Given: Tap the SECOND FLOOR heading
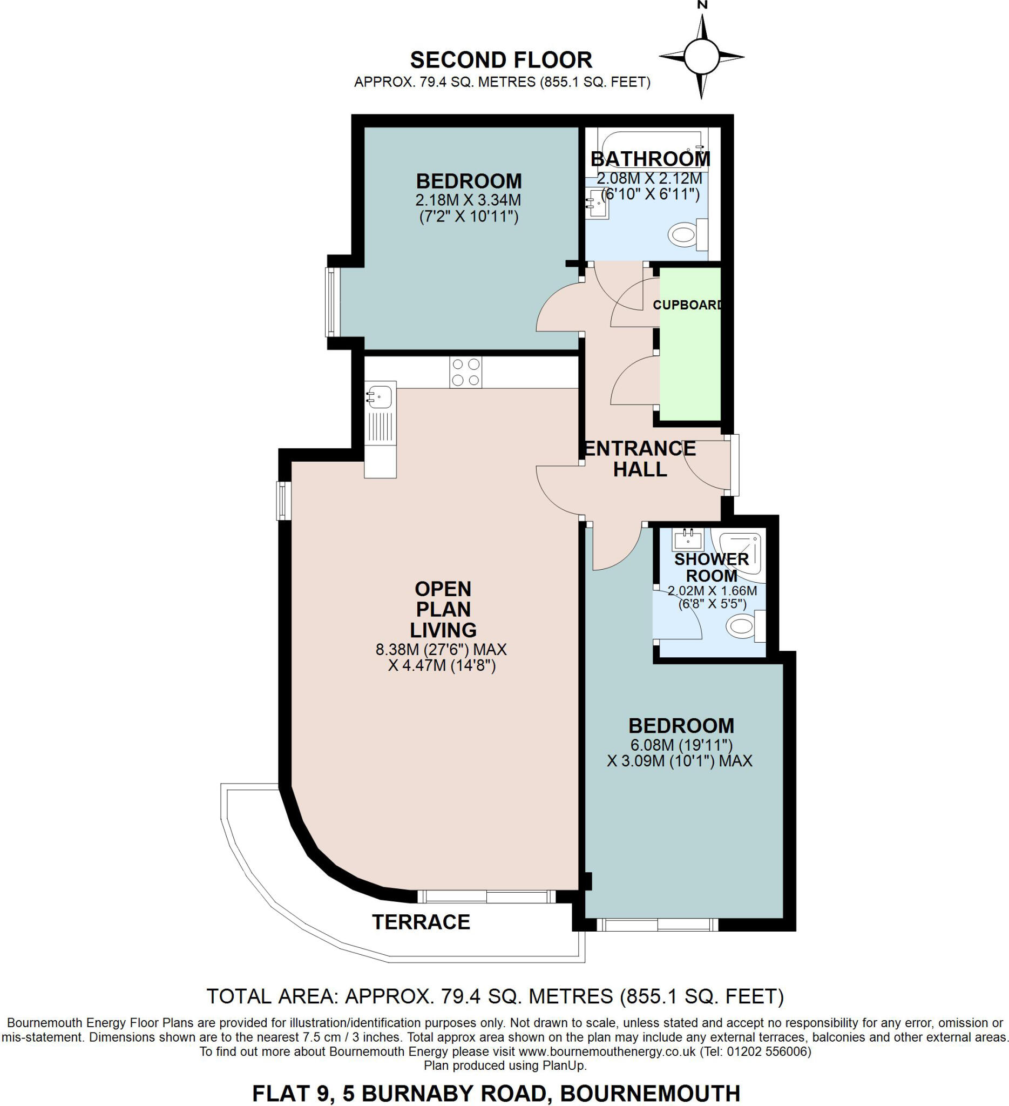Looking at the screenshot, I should click(501, 59).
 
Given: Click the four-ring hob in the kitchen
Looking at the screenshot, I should click(465, 372).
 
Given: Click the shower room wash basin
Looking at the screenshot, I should click(688, 541).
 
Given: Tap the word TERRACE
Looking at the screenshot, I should click(421, 922).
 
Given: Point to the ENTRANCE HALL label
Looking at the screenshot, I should click(639, 458).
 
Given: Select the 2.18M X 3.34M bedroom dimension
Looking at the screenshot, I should click(468, 200).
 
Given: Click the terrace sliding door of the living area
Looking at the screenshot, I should click(486, 896).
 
